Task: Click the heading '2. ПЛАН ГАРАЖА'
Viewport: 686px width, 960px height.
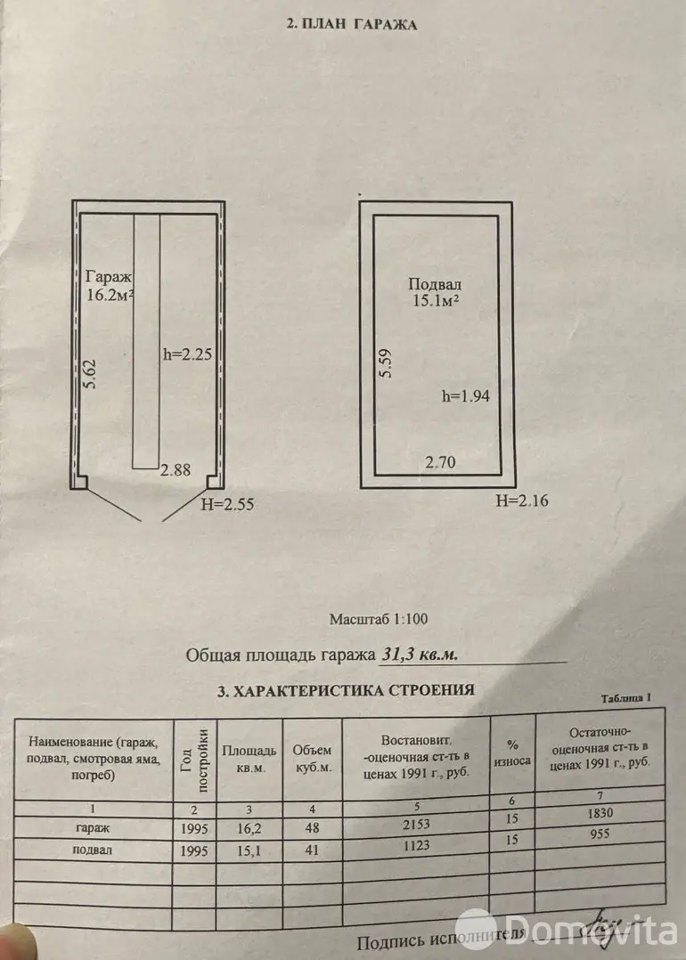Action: [x=351, y=25]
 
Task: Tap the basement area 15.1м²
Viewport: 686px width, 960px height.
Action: [x=434, y=302]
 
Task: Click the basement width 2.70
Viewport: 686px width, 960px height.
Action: [x=441, y=462]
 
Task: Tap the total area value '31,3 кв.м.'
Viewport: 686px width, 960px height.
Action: [x=420, y=655]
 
